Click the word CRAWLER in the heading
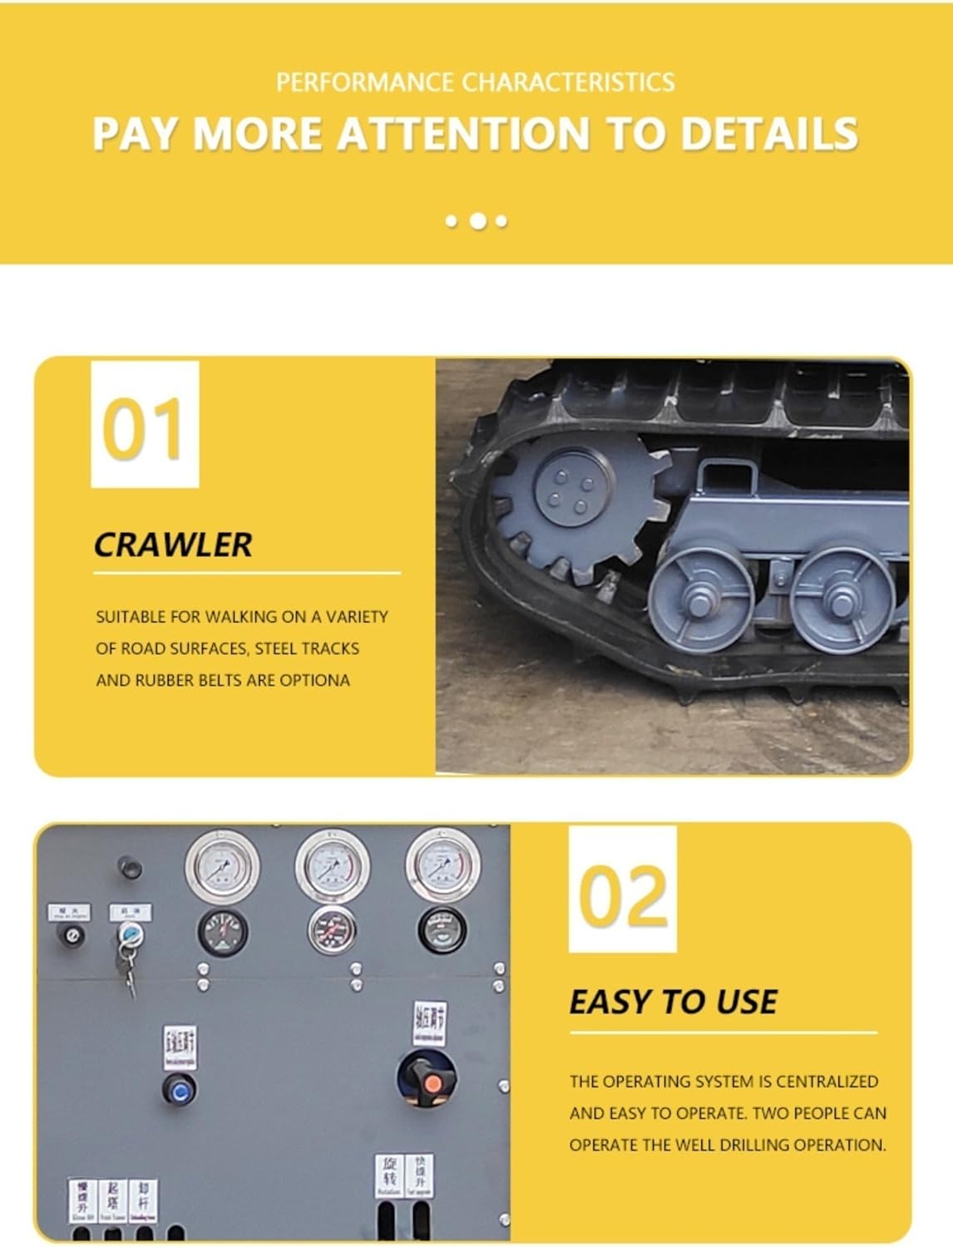point(172,545)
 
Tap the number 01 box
point(145,425)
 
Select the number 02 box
point(623,890)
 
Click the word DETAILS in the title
point(769,133)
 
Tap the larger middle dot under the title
point(478,221)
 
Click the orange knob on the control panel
point(432,1083)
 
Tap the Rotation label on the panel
point(389,1175)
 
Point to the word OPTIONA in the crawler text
point(314,680)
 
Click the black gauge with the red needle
point(223,931)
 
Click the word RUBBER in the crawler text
point(165,680)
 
